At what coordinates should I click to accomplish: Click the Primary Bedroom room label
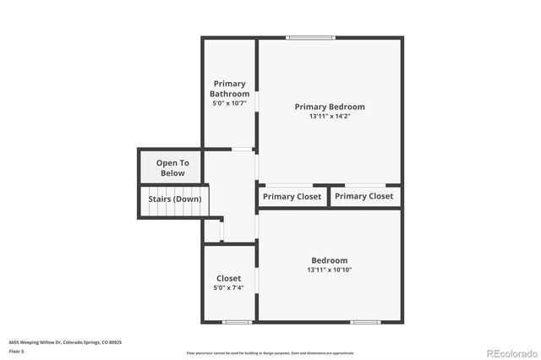[330, 106]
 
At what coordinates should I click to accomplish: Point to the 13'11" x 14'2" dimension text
[330, 117]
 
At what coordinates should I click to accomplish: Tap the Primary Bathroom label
[229, 89]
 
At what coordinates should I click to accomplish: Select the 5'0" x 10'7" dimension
[229, 103]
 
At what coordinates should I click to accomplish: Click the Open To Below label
[172, 167]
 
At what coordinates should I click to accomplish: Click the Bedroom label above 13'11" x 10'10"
[329, 260]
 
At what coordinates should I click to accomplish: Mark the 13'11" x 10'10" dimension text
[329, 270]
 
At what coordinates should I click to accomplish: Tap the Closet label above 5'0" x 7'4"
[228, 278]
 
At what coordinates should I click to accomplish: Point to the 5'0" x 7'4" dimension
[228, 288]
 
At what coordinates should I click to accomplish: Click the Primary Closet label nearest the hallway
[292, 196]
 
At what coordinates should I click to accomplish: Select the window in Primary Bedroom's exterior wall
[310, 37]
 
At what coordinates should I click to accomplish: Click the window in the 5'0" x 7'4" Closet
[237, 321]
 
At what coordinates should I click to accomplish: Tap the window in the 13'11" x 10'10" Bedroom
[364, 321]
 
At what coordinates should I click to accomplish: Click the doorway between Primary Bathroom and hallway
[242, 150]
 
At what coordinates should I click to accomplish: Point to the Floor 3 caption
[16, 351]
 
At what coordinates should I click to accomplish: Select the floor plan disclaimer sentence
[270, 352]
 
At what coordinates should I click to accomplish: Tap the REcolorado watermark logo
[509, 352]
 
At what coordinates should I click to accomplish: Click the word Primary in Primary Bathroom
[229, 84]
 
